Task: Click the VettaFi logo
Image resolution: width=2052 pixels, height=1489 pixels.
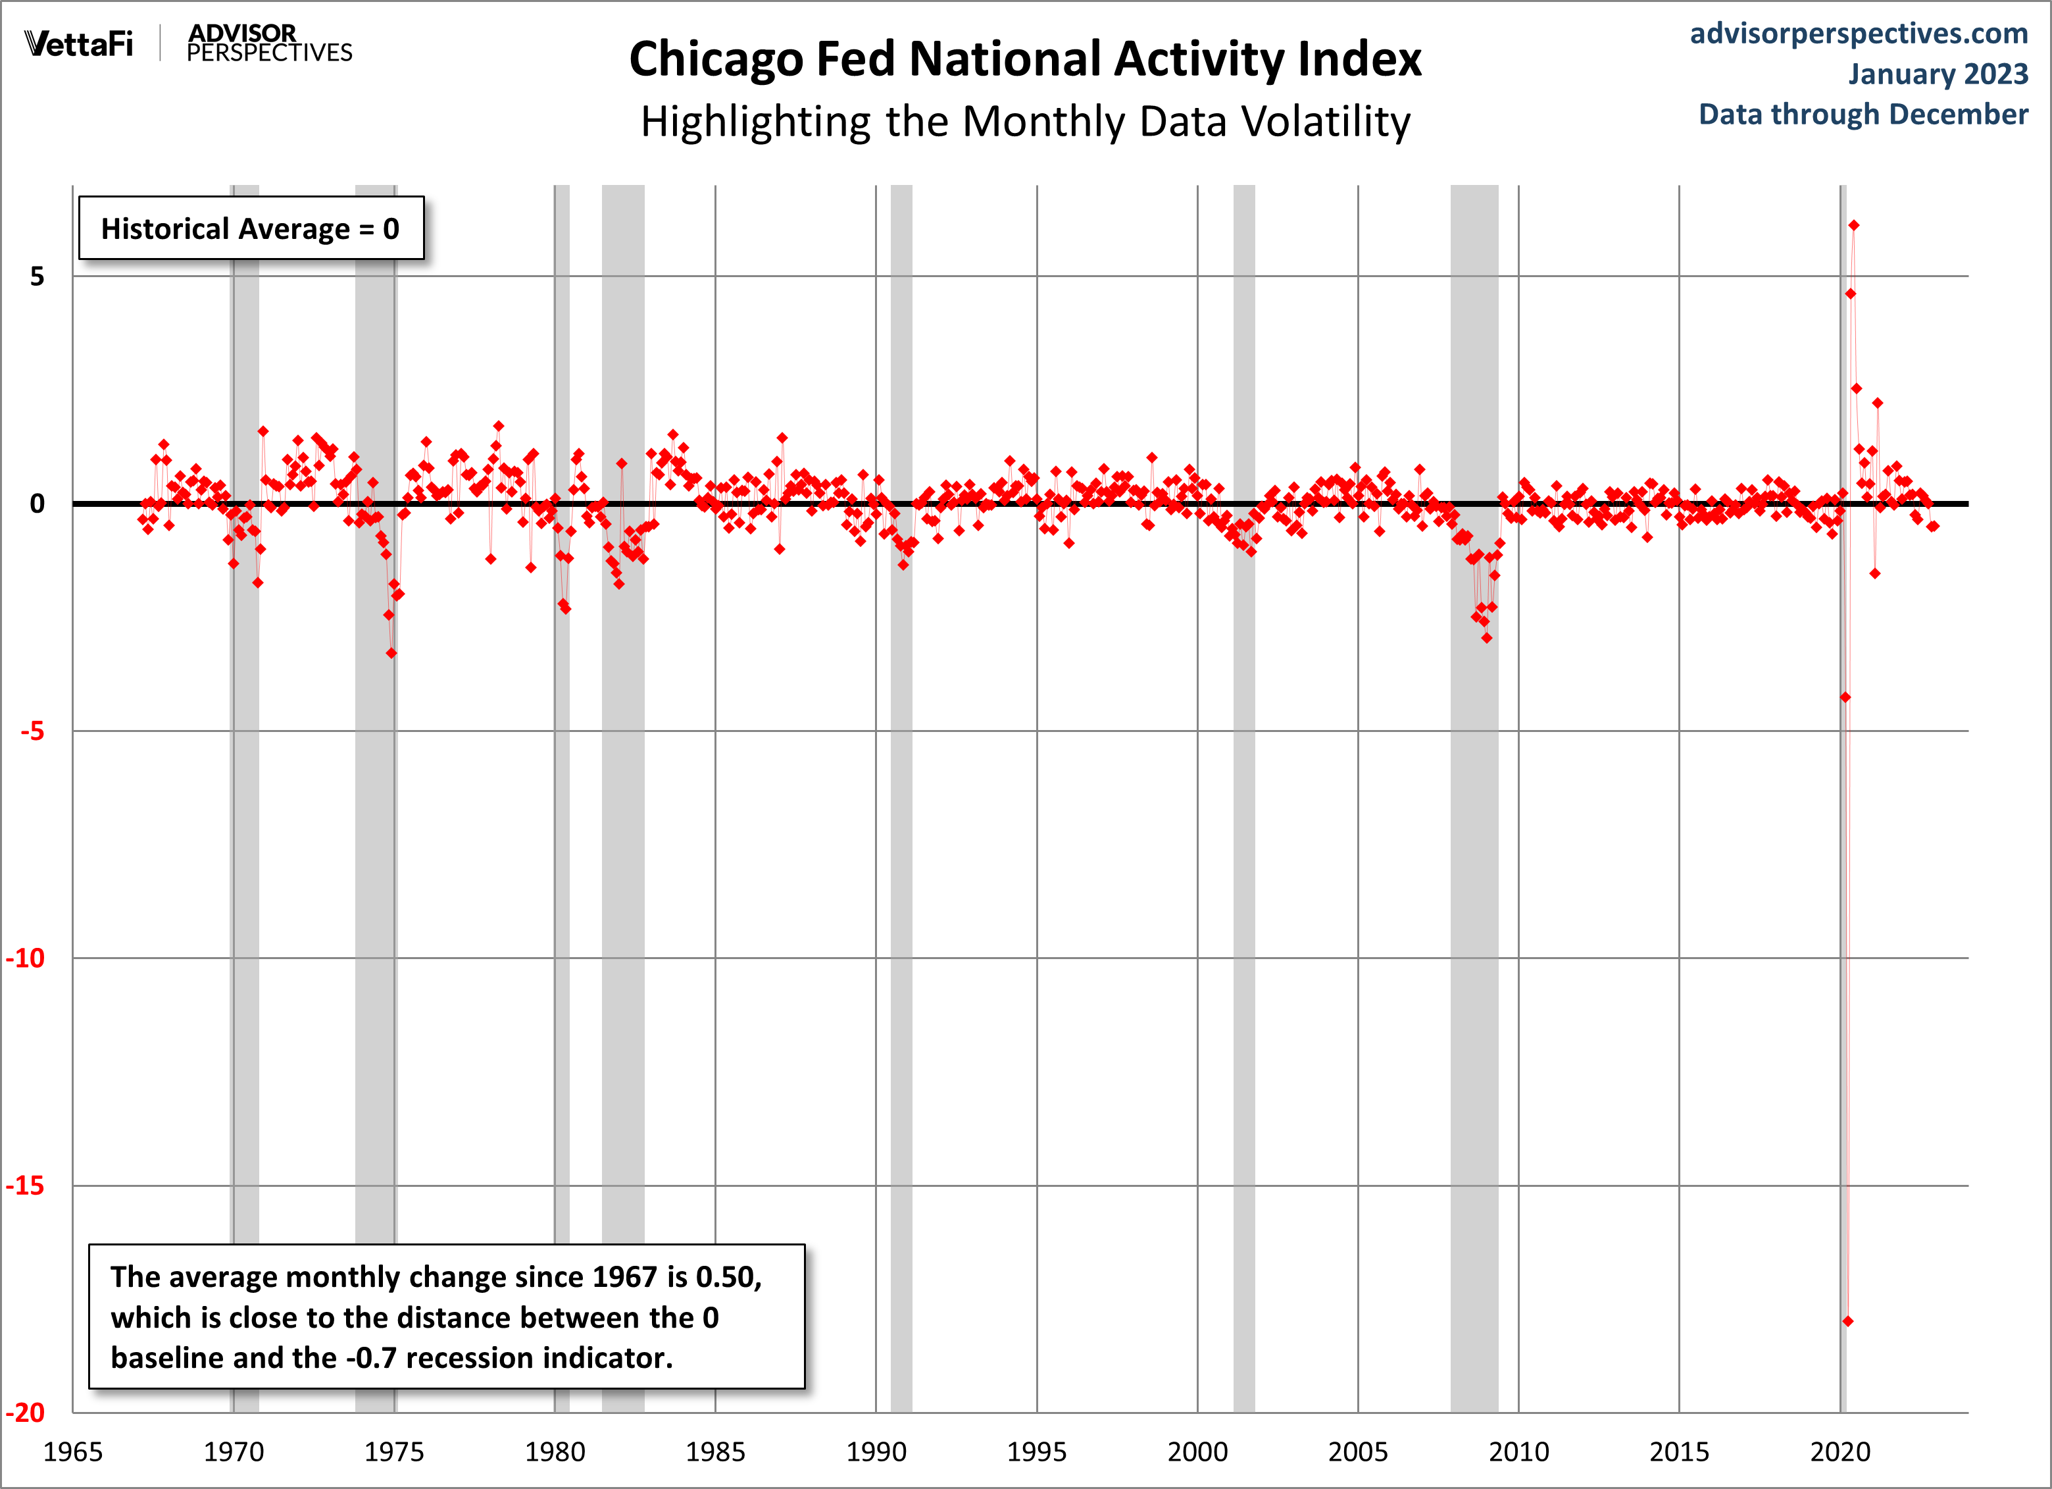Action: [x=79, y=43]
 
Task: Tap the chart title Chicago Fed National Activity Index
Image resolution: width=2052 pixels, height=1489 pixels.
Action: [x=1025, y=60]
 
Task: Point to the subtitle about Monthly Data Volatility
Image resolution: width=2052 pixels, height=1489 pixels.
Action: [x=1025, y=121]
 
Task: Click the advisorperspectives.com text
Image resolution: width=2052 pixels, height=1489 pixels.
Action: [x=1859, y=34]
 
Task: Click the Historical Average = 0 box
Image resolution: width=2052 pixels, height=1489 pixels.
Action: [x=251, y=228]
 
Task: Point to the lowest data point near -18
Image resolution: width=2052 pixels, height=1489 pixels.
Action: [x=1847, y=1322]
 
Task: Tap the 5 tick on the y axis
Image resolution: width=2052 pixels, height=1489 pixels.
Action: [x=37, y=277]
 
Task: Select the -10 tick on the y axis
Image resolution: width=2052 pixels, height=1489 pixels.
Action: [x=26, y=958]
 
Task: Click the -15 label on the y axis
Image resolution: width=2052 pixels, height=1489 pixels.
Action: [x=26, y=1186]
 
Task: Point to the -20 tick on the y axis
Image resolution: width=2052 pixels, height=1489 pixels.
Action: [x=26, y=1413]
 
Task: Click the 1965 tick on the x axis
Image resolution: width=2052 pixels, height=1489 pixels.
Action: [x=73, y=1453]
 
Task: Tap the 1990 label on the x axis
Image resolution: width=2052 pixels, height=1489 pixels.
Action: [x=876, y=1453]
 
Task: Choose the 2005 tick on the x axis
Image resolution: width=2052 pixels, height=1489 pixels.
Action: [x=1357, y=1453]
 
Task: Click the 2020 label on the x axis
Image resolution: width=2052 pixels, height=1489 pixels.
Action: [x=1839, y=1453]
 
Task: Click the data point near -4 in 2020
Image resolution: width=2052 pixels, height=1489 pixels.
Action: [x=1845, y=697]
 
